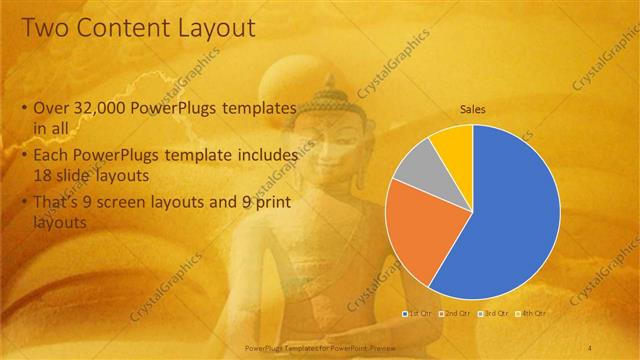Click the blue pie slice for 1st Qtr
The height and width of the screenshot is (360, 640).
click(x=500, y=210)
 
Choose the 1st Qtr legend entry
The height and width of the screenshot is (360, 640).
click(x=419, y=314)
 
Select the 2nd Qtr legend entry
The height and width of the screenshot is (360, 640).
click(x=456, y=314)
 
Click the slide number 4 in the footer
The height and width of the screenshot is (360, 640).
click(x=590, y=347)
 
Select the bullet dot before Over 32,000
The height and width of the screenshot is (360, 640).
click(x=23, y=107)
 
